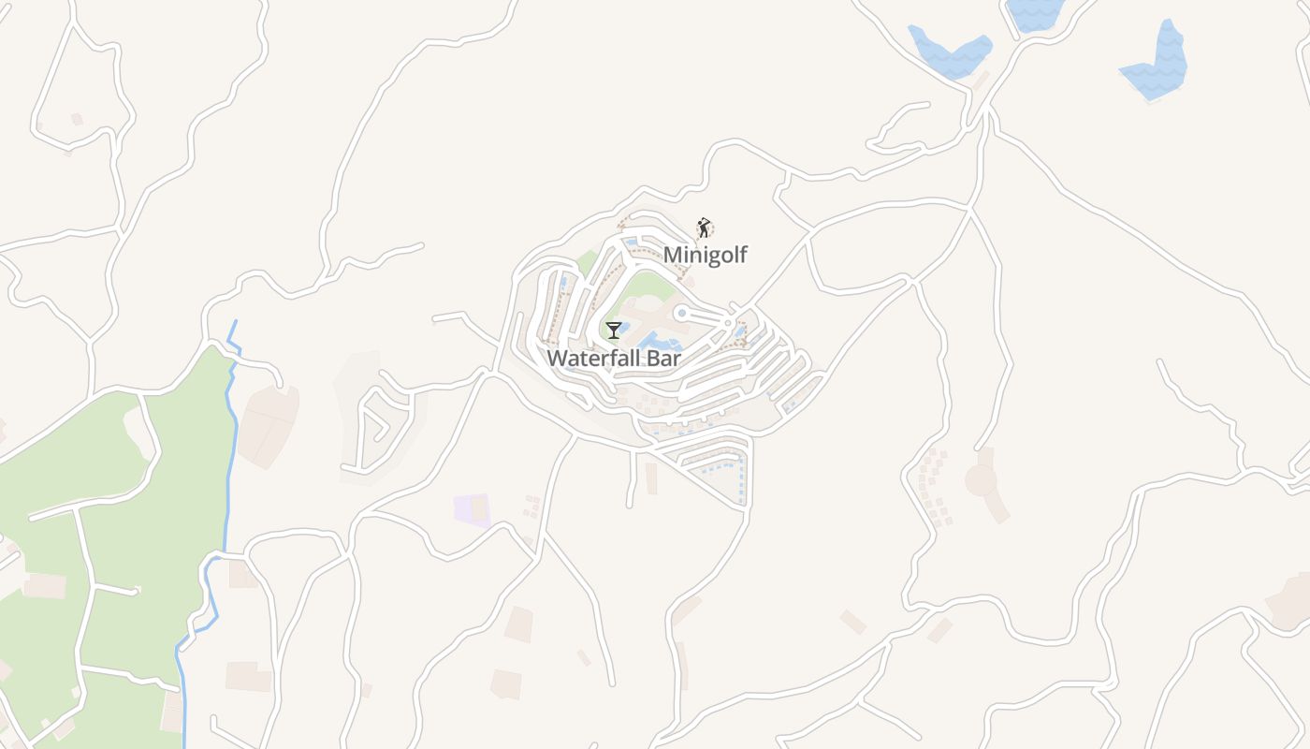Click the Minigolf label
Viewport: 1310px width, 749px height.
point(706,255)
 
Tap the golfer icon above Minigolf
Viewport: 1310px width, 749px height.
point(704,228)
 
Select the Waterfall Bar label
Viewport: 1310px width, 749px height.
point(613,358)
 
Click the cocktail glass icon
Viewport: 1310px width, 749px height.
point(613,330)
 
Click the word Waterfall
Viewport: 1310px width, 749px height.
point(593,358)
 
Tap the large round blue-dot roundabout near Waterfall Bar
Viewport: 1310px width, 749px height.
point(682,313)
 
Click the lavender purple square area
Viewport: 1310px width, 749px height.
point(472,509)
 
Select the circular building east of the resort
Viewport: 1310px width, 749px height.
point(981,480)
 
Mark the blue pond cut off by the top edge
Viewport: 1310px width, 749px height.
point(1034,12)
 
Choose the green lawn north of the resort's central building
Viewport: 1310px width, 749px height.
point(646,286)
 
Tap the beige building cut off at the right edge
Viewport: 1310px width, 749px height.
point(1293,599)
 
